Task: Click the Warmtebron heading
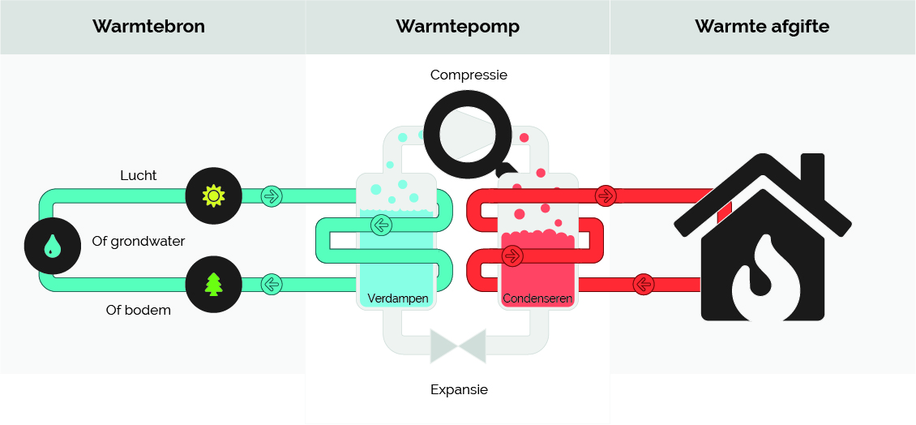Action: [x=148, y=26]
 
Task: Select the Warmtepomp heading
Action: [x=457, y=26]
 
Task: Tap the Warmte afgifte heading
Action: [x=762, y=26]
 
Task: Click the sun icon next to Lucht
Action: [x=213, y=195]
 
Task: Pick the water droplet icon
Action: [x=52, y=246]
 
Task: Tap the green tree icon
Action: [x=213, y=285]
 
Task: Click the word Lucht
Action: [x=138, y=175]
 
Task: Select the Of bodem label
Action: [x=138, y=310]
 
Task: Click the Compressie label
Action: [x=469, y=75]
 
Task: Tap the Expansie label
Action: [x=459, y=389]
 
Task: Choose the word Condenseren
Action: [x=537, y=298]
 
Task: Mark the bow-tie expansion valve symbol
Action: [x=458, y=344]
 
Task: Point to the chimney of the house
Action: [x=813, y=174]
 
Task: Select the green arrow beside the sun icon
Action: [x=272, y=195]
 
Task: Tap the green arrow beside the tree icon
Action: [x=272, y=285]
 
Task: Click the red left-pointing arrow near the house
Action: [x=643, y=285]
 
